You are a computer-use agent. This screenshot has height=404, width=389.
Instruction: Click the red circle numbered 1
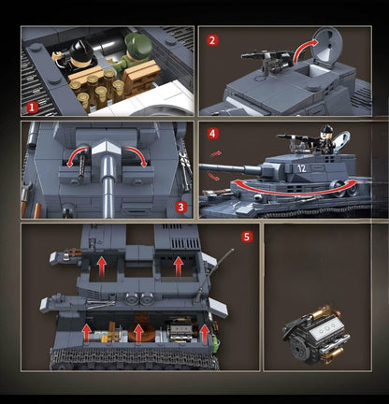pos(33,108)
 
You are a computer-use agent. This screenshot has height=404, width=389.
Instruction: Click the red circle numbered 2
pos(212,40)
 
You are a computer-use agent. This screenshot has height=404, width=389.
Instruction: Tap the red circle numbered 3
pos(181,206)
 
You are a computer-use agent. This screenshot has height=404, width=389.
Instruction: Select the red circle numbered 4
pos(212,134)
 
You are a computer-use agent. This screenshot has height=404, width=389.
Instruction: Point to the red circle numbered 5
pos(247,237)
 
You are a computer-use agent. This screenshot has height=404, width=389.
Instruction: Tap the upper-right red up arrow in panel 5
pos(179,266)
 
